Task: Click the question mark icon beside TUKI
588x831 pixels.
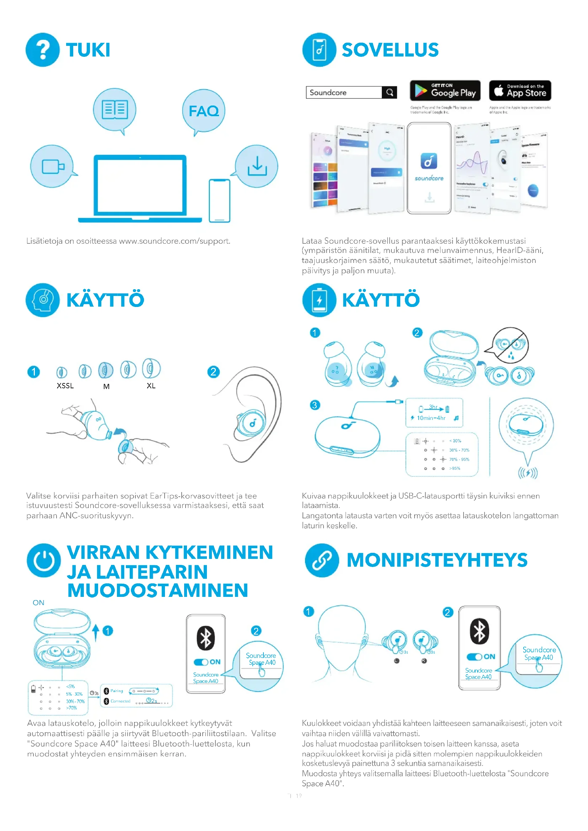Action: coord(42,50)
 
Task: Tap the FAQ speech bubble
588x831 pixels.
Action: coord(203,111)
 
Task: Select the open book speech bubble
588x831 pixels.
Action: coord(115,109)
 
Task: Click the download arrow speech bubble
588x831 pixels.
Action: coord(257,166)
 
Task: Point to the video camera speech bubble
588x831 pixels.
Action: coord(52,167)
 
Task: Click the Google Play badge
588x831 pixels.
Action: coord(445,91)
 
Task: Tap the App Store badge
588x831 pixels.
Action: coord(520,91)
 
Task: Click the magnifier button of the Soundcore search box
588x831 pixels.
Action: coord(390,92)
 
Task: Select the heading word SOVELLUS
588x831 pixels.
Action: coord(390,50)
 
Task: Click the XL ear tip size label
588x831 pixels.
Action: coord(151,386)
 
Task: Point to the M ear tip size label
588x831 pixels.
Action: coord(106,387)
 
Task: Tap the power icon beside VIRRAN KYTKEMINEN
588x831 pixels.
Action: coord(44,560)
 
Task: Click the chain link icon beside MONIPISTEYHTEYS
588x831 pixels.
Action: coord(322,560)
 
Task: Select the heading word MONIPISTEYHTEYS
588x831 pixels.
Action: coord(437,560)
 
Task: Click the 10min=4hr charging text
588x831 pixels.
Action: coord(431,418)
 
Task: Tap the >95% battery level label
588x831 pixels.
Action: coord(455,468)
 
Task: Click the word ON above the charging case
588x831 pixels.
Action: coord(38,603)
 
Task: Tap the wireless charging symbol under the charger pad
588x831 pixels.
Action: coord(528,473)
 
